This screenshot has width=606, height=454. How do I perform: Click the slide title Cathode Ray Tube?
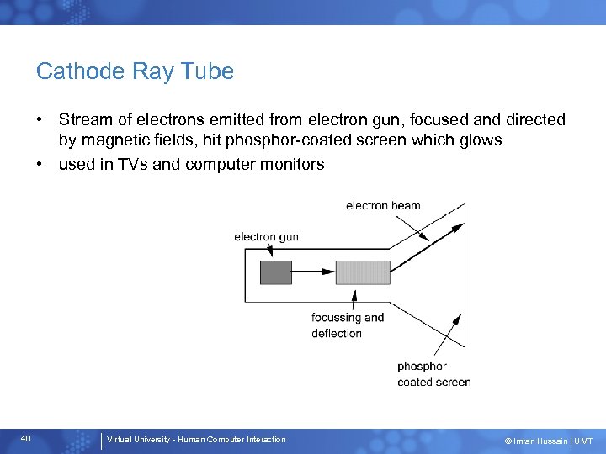click(x=135, y=72)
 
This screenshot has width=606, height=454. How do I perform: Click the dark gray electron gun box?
click(x=276, y=272)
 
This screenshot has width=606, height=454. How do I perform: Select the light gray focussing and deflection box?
click(x=363, y=272)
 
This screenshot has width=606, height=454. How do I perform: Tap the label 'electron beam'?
click(x=383, y=206)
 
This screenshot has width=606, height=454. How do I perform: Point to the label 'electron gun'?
click(x=266, y=237)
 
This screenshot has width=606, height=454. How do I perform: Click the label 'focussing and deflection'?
click(x=347, y=325)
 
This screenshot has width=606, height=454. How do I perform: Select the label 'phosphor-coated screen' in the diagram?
click(x=433, y=374)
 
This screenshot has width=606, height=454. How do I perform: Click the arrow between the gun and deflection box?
click(x=313, y=272)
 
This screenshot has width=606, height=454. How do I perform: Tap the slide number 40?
click(x=26, y=439)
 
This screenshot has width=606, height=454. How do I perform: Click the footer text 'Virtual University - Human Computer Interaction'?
click(x=196, y=440)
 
